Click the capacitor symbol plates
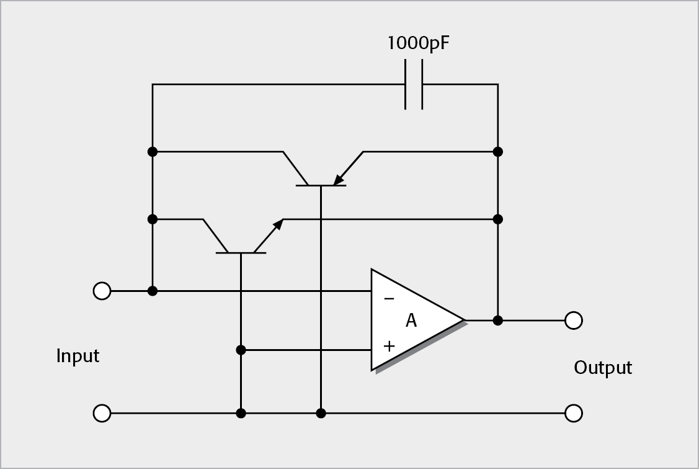point(414,84)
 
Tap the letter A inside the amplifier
point(411,321)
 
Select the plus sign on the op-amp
point(389,346)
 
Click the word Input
point(78,357)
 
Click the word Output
point(602,368)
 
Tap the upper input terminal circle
point(102,291)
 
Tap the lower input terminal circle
point(102,413)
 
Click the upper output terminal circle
point(574,321)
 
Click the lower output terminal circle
point(574,413)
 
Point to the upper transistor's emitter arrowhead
point(339,180)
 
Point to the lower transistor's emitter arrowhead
point(278,224)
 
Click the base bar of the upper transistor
point(320,186)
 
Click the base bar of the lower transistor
point(241,253)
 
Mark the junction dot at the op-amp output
point(497,321)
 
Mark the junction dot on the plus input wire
point(241,350)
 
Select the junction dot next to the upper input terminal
point(153,291)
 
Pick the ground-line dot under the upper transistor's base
point(321,413)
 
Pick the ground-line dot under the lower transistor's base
point(241,413)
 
